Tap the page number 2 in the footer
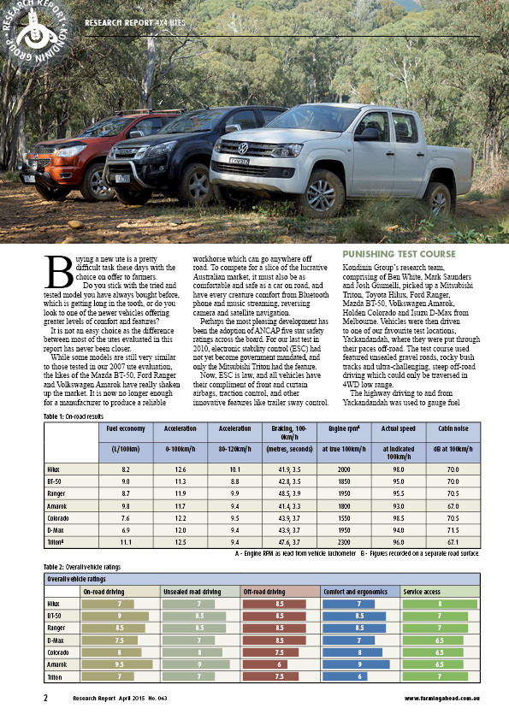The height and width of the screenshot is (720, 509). coord(45,697)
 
